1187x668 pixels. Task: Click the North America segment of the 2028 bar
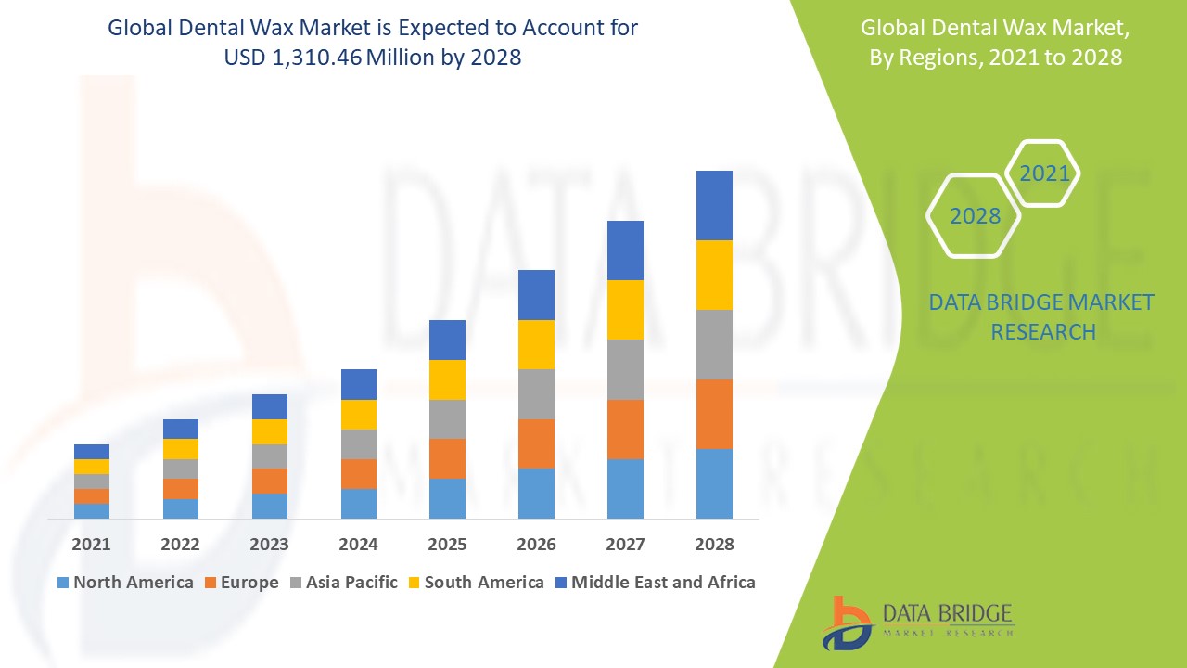click(714, 483)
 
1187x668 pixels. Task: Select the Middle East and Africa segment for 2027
click(625, 250)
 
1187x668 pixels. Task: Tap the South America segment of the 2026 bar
click(536, 344)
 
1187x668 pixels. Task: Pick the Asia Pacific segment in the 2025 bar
click(447, 419)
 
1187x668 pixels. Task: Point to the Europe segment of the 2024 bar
click(358, 473)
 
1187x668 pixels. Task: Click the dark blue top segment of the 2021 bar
click(92, 452)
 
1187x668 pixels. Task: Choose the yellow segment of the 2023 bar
click(270, 431)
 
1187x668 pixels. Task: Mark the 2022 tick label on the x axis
click(180, 544)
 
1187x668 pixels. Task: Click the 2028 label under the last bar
click(714, 544)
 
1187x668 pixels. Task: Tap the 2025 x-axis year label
click(447, 544)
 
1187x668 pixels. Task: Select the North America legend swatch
click(63, 583)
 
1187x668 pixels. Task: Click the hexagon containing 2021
click(1043, 173)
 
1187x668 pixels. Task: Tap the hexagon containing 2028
click(975, 216)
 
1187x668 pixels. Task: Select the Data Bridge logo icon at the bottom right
click(848, 623)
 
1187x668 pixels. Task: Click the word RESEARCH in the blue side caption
click(1043, 331)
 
